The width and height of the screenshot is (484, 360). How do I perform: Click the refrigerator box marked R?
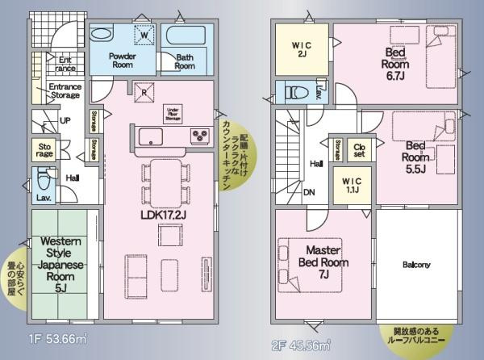tap(143, 91)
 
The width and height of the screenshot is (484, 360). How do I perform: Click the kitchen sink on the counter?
tap(150, 136)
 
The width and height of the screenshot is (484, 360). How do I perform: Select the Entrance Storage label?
tap(65, 90)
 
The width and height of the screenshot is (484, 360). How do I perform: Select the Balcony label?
tap(416, 265)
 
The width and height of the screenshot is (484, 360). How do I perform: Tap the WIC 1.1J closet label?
tap(353, 182)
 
